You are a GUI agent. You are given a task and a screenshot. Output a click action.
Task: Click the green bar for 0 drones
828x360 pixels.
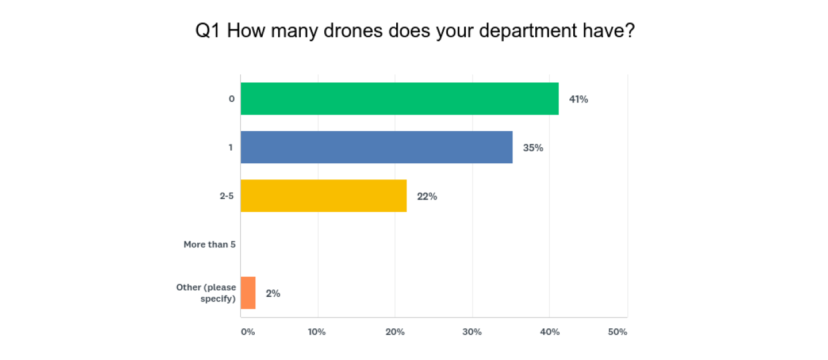coord(400,99)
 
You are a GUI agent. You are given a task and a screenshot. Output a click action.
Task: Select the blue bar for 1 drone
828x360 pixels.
coord(377,147)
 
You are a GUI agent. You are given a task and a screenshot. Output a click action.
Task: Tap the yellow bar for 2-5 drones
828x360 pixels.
coord(324,196)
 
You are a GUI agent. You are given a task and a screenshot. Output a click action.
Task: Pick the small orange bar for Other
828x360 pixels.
coord(248,293)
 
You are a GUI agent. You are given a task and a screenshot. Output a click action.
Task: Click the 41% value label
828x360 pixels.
coord(578,99)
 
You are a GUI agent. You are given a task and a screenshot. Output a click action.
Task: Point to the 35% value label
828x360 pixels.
coord(533,148)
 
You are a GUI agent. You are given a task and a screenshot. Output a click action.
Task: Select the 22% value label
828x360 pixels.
coord(427,196)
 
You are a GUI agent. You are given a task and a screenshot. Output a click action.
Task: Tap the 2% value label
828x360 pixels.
coord(273,293)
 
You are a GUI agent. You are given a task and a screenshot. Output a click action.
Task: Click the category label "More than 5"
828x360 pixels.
coord(209,244)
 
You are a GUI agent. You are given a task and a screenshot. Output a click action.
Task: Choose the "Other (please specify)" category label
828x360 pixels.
coord(206,293)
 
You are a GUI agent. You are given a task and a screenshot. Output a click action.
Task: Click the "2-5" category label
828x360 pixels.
coord(227,196)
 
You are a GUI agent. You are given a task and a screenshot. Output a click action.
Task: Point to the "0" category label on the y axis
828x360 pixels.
coord(232,99)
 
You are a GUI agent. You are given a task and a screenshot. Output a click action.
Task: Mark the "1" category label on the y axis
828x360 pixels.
coord(231,147)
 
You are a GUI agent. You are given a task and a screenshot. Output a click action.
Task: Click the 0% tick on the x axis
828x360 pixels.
coord(247,332)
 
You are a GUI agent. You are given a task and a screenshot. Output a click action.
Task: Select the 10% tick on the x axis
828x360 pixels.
coord(317,332)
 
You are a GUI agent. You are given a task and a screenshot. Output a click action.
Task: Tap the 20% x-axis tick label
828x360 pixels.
coord(394,332)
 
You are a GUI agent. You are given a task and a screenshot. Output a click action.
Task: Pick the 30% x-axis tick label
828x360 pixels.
coord(472,332)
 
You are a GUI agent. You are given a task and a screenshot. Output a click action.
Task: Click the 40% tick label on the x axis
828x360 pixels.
coord(549,332)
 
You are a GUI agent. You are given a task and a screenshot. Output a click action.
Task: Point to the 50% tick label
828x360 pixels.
coord(618,332)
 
